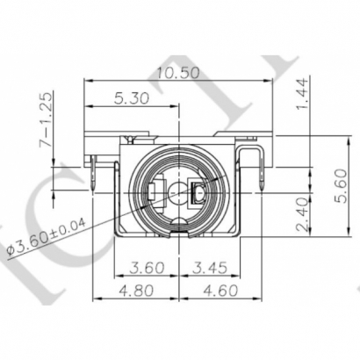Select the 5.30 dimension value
tap(132, 99)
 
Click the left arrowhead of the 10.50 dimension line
tap(88, 81)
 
